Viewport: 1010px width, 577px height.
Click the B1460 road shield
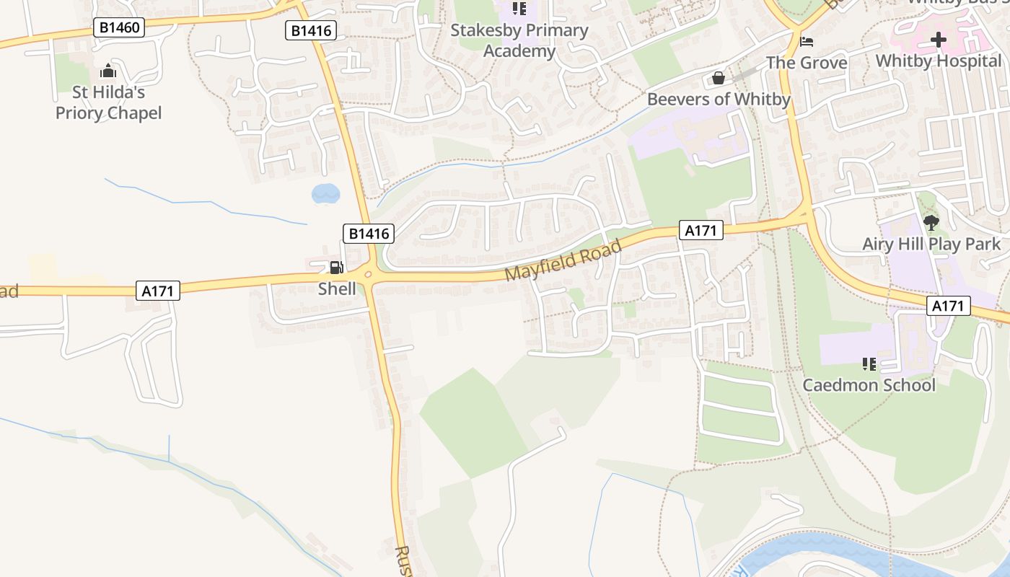[x=119, y=28]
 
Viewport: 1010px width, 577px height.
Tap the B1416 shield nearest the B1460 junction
[x=311, y=30]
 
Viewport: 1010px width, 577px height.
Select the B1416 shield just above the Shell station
[x=369, y=233]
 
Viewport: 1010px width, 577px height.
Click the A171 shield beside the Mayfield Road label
[x=701, y=230]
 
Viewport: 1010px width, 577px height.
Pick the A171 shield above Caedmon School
[x=948, y=306]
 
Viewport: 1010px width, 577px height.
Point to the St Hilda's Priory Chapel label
[x=108, y=102]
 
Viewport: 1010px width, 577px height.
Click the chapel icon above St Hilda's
[x=108, y=71]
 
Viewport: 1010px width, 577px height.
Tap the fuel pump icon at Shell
[x=336, y=268]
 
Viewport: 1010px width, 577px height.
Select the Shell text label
[x=337, y=288]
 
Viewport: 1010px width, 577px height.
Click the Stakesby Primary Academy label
[x=519, y=40]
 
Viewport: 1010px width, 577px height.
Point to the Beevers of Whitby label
[x=719, y=99]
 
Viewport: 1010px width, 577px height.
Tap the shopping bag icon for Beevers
[x=719, y=78]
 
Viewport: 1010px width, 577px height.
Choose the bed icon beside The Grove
[x=807, y=41]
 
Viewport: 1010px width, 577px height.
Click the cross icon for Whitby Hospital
[x=939, y=40]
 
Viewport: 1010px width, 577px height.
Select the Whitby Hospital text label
[x=939, y=61]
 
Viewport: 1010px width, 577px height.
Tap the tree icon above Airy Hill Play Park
[x=931, y=222]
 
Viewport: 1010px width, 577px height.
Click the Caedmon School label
[x=869, y=384]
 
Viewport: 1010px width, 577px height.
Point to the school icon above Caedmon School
[x=869, y=364]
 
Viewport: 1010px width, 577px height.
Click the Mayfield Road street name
[x=563, y=261]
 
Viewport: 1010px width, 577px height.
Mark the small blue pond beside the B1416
[x=325, y=193]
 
